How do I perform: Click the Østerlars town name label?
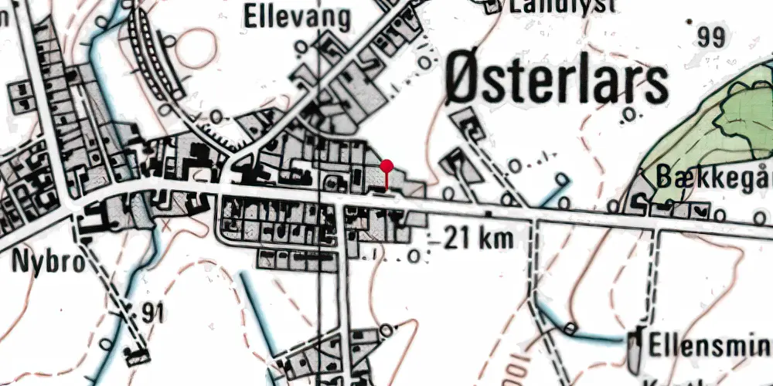point(557,83)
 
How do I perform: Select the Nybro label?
point(48,262)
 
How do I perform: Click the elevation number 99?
point(714,36)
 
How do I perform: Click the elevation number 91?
point(154,313)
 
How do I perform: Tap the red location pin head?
point(387,166)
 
